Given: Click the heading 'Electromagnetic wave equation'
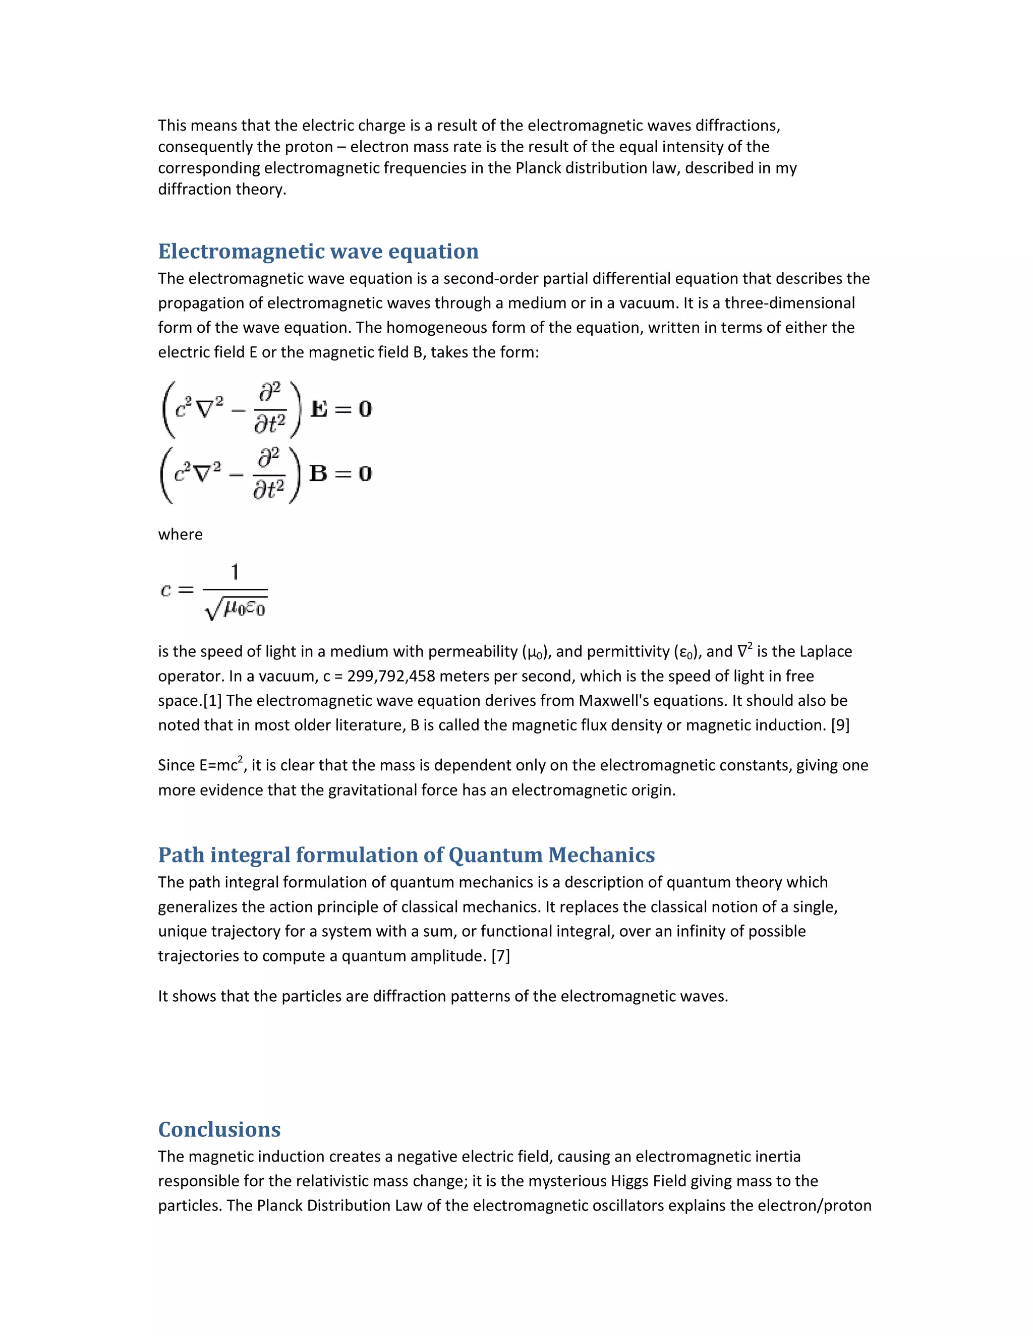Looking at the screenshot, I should pyautogui.click(x=318, y=252).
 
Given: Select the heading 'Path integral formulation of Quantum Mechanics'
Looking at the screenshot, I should pyautogui.click(x=407, y=855).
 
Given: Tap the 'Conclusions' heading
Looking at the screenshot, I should pyautogui.click(x=219, y=1129).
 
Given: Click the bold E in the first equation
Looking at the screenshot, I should pyautogui.click(x=319, y=409).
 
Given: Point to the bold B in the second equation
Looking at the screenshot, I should pyautogui.click(x=318, y=473).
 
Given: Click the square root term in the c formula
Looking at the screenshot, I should pyautogui.click(x=236, y=609).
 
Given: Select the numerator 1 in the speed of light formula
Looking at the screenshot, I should pyautogui.click(x=235, y=572).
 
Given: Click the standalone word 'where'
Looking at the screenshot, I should pyautogui.click(x=180, y=534).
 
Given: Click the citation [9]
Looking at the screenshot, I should pyautogui.click(x=840, y=725).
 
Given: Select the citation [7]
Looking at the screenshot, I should pyautogui.click(x=500, y=955).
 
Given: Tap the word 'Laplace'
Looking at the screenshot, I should pyautogui.click(x=826, y=651).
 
